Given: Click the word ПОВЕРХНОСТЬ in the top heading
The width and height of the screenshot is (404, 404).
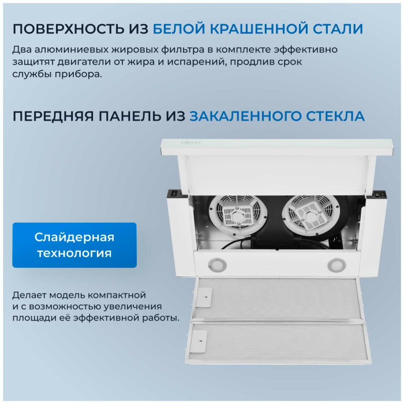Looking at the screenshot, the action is click(68, 29).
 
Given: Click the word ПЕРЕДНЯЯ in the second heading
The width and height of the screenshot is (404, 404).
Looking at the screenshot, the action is click(53, 116).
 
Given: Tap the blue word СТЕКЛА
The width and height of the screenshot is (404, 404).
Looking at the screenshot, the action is click(335, 116).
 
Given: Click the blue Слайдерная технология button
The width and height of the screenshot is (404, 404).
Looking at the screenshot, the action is click(74, 245).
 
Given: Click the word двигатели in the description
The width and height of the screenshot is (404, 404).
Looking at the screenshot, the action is click(84, 62).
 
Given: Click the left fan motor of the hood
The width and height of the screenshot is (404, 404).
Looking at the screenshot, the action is click(238, 216).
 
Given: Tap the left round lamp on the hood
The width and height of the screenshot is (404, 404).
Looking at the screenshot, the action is click(217, 264).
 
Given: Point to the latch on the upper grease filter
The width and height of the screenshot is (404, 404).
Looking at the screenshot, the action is click(204, 298).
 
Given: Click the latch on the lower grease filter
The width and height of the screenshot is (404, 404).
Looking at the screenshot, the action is click(199, 342).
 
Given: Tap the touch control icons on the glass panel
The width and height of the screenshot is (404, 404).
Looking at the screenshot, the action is click(190, 142).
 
